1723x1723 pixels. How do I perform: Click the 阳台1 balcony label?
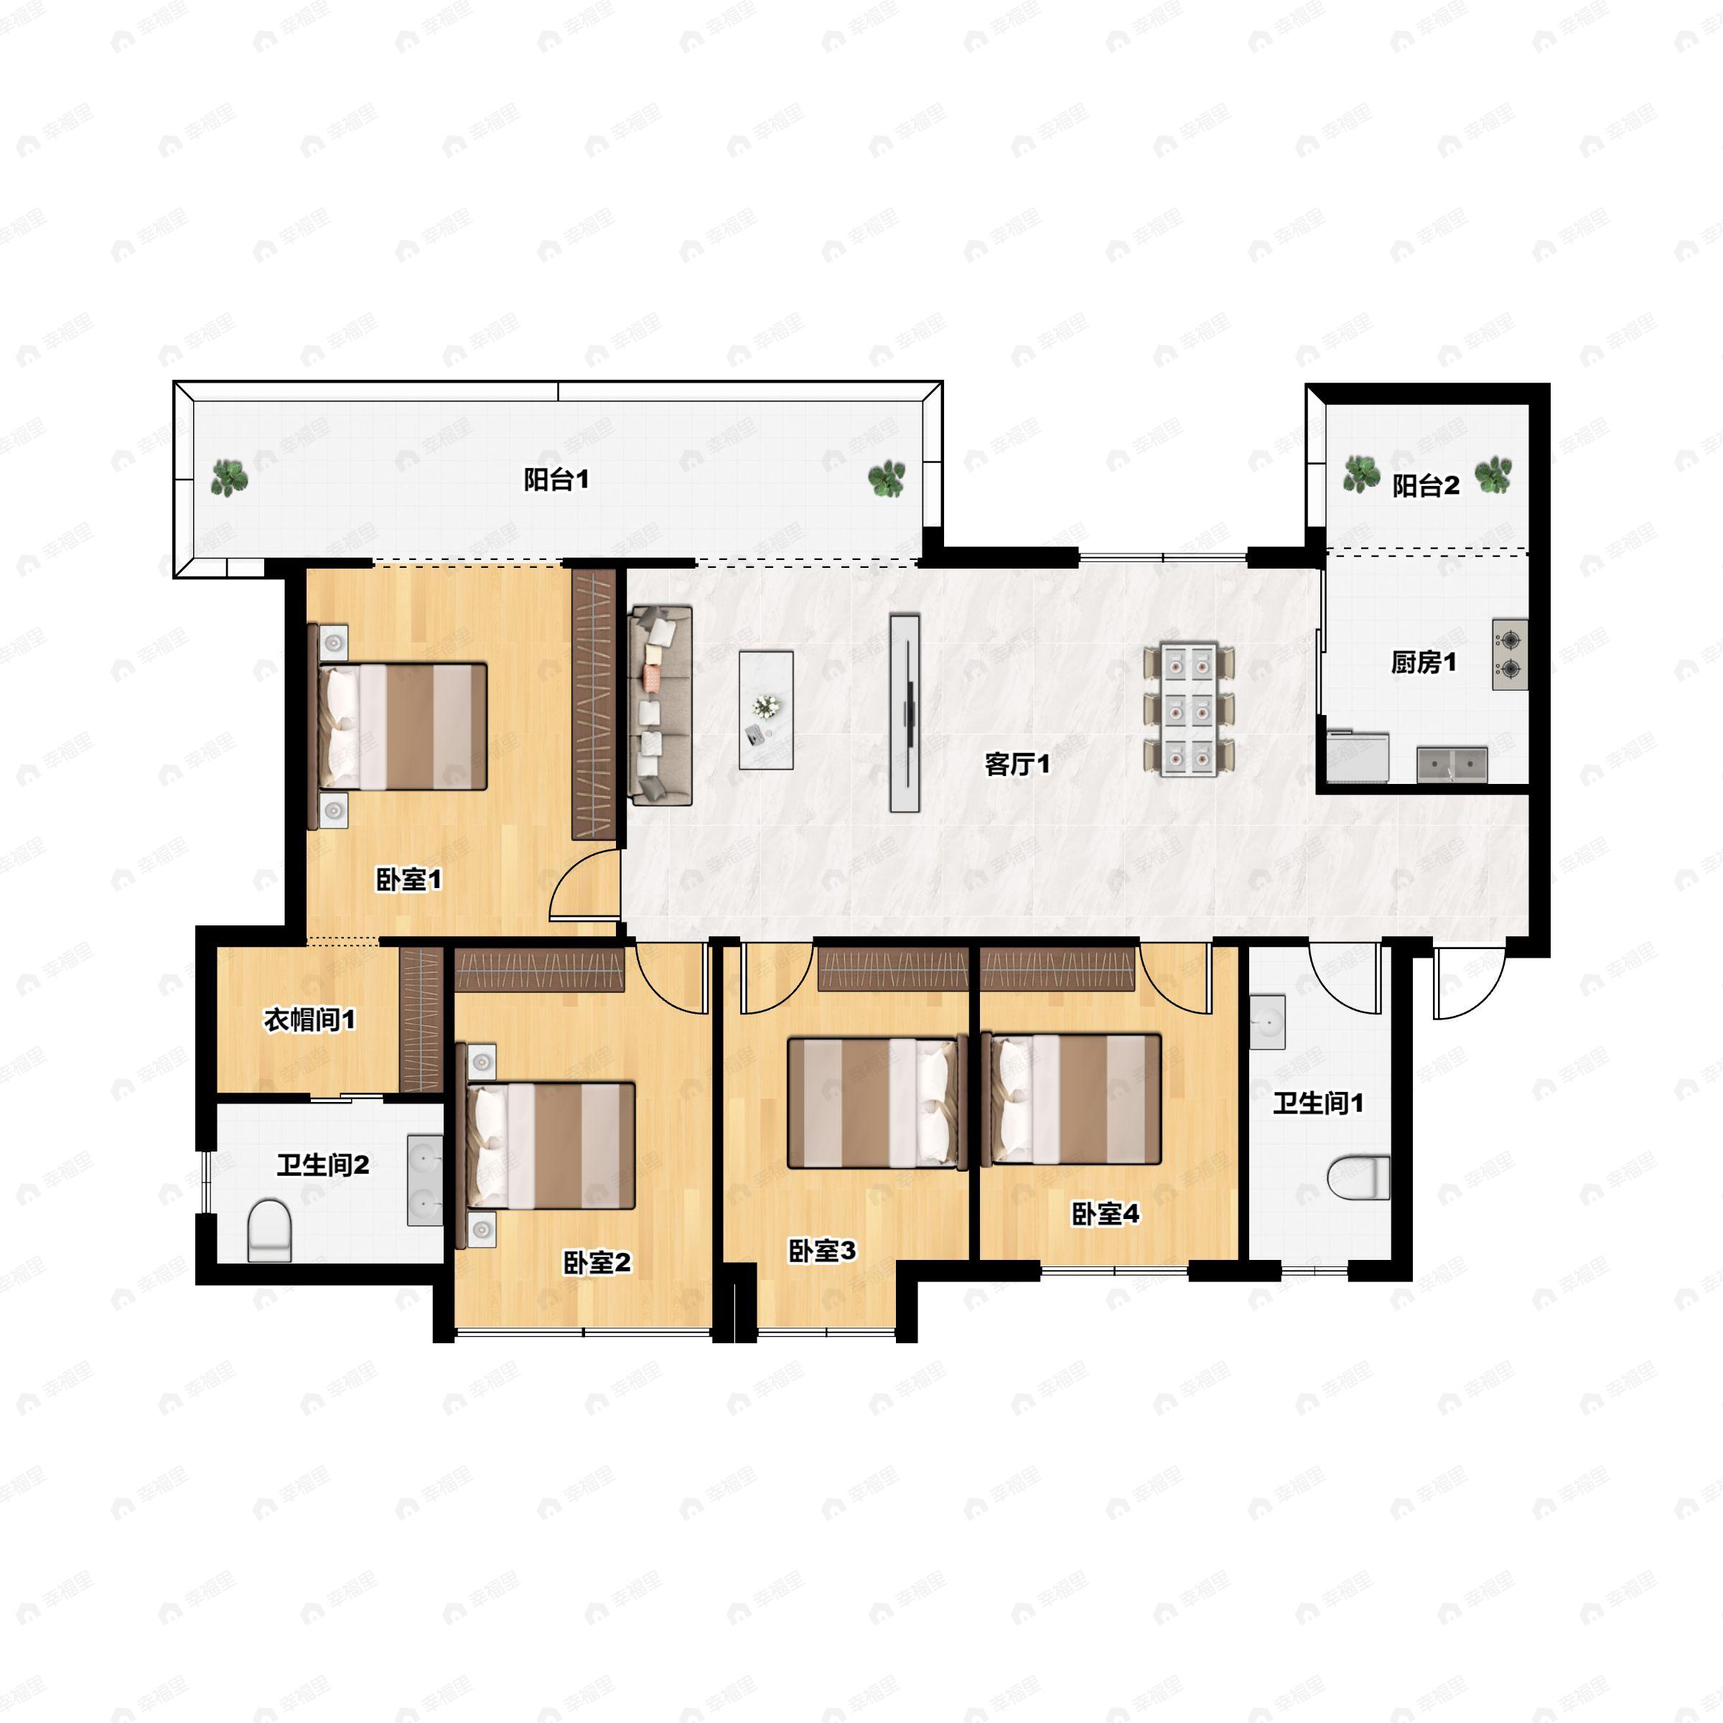[556, 480]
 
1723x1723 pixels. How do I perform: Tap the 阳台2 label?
[1425, 486]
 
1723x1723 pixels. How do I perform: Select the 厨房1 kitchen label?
[1424, 663]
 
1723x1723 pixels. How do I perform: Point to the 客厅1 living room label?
[1017, 765]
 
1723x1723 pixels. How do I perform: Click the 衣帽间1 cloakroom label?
[309, 1019]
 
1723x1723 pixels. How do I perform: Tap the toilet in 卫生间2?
[269, 1230]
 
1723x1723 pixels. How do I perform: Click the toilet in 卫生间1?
[1358, 1178]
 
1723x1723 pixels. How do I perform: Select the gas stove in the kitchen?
[1510, 655]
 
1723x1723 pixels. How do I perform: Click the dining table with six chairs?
[1190, 709]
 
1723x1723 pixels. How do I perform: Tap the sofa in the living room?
[660, 706]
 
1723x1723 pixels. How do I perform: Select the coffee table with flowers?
[766, 710]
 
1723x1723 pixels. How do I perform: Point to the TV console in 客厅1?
[905, 713]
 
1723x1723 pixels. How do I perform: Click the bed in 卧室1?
[401, 726]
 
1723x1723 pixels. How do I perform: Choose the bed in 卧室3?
[877, 1101]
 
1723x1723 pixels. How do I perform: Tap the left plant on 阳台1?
[229, 478]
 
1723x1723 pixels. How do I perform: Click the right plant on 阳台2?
[1493, 475]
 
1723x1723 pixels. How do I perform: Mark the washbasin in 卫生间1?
[1266, 1022]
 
